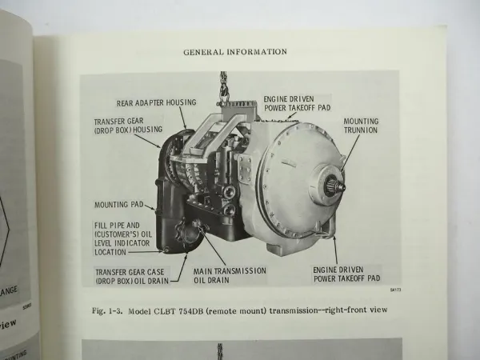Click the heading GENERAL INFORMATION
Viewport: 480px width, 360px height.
234,52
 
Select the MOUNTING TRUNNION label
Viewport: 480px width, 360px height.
361,125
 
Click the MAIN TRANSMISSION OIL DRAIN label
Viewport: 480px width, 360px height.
230,276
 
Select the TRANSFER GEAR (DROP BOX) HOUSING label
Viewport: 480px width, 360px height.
129,126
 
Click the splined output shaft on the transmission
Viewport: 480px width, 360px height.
338,186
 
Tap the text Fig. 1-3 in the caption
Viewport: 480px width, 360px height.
102,310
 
